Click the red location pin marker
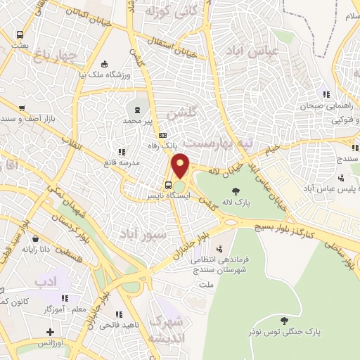point(181,166)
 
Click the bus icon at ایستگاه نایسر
point(167,186)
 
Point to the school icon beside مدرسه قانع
point(122,151)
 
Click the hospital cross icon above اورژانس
point(49,332)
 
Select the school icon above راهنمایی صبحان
point(325,94)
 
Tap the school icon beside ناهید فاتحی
point(119,315)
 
